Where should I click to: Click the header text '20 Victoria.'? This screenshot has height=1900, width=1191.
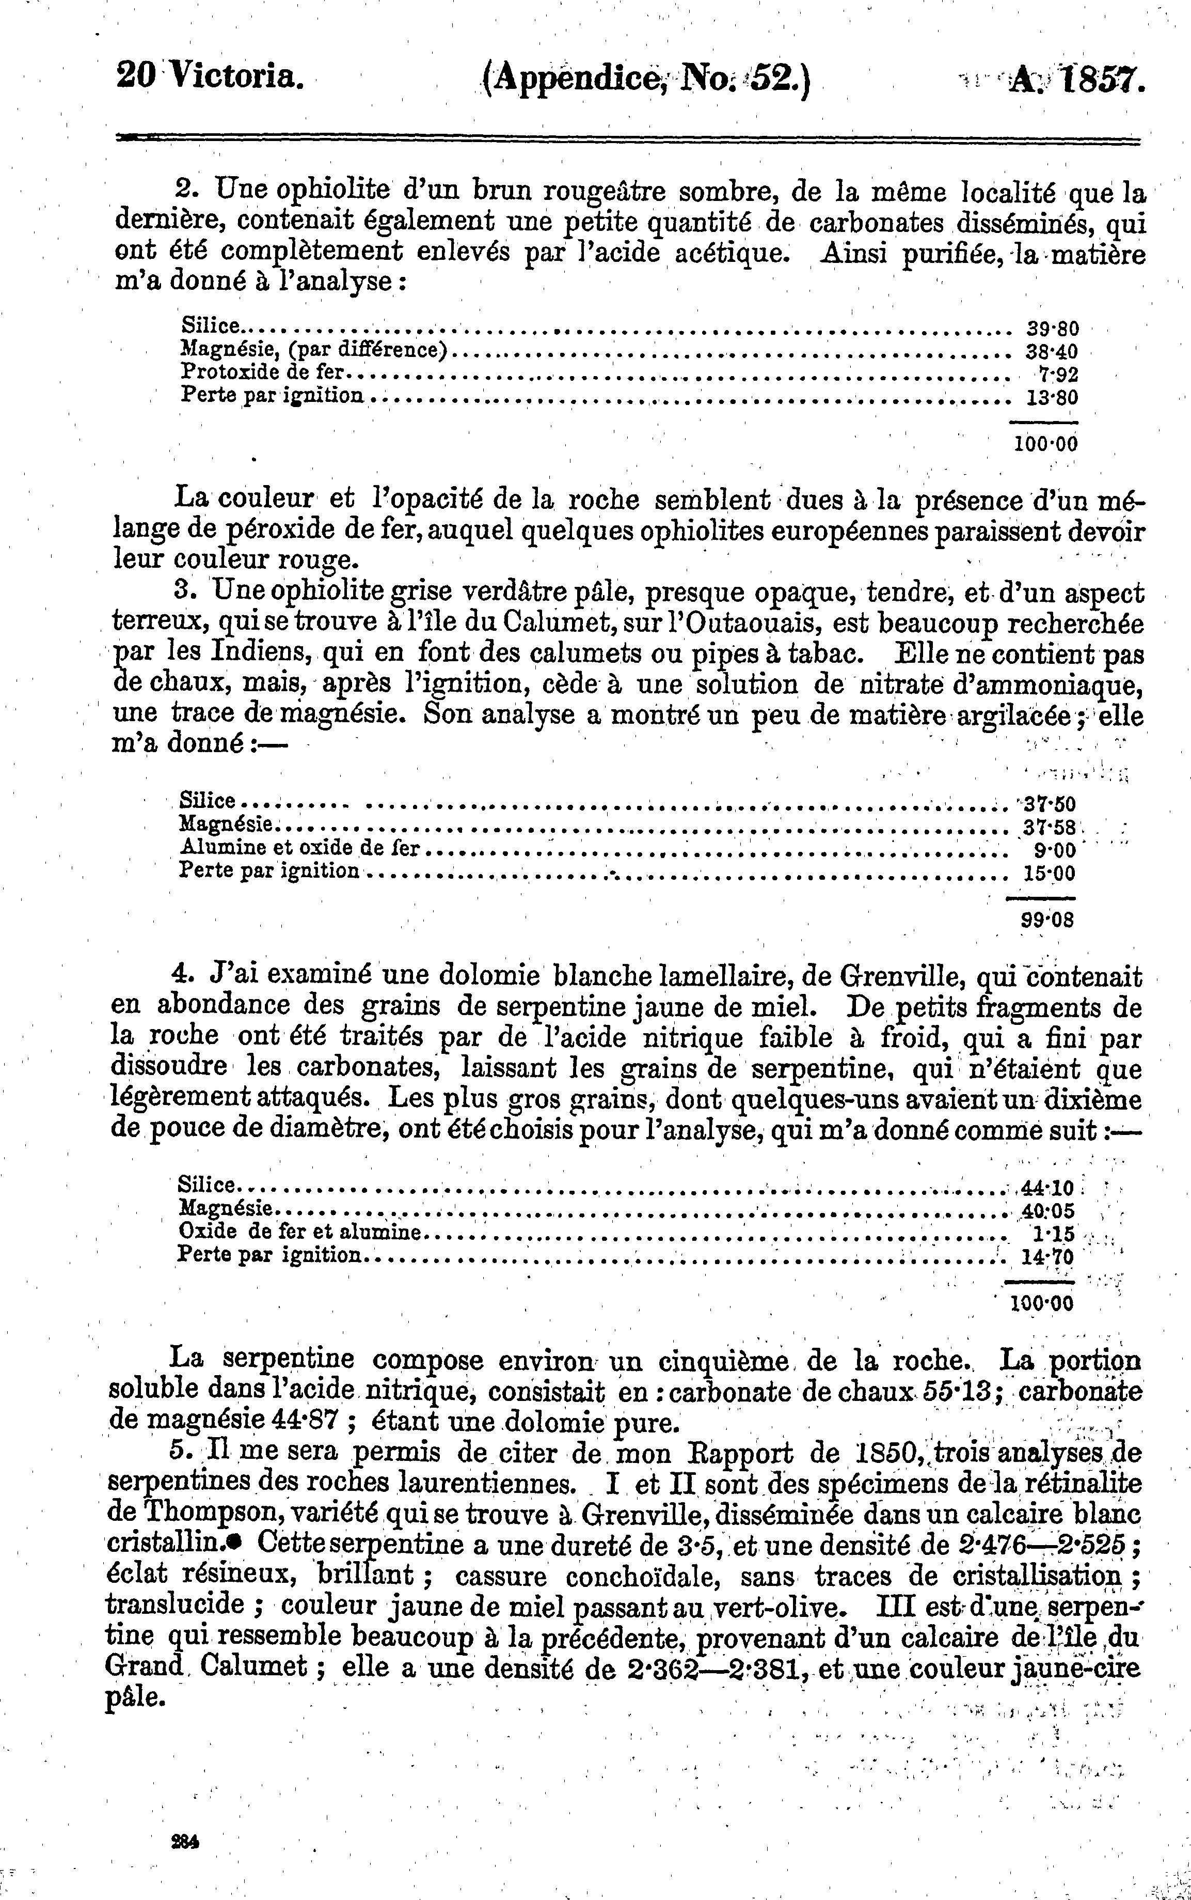point(209,77)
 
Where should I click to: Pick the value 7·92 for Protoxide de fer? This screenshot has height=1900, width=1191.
point(1058,373)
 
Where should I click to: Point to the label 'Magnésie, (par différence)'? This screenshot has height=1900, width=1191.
point(314,349)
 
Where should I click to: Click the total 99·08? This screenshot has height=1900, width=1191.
point(1047,919)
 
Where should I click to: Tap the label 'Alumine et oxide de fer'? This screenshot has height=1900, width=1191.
point(300,848)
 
